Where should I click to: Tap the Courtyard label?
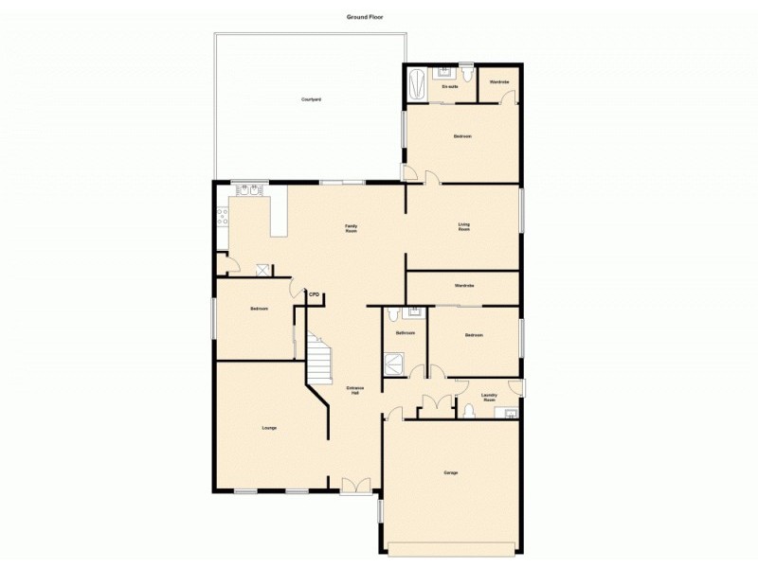310,99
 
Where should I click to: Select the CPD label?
316,295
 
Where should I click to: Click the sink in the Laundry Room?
510,413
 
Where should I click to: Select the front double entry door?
355,486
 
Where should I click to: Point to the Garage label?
451,472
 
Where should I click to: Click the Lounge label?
269,428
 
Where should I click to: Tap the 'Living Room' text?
464,226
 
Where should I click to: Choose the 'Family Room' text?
351,226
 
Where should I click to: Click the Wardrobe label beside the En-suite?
498,82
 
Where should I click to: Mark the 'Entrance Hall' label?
354,391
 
